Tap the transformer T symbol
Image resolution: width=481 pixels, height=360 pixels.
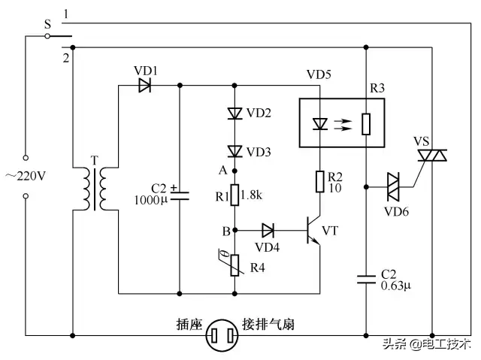pos(95,189)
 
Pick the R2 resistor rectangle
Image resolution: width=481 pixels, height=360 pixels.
pos(319,181)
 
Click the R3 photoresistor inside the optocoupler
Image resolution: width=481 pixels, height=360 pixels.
pos(366,123)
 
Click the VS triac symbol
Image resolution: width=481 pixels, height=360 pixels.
pos(432,156)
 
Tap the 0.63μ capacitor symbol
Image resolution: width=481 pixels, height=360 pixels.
pos(366,280)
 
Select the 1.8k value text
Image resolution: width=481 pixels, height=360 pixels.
pos(256,196)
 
